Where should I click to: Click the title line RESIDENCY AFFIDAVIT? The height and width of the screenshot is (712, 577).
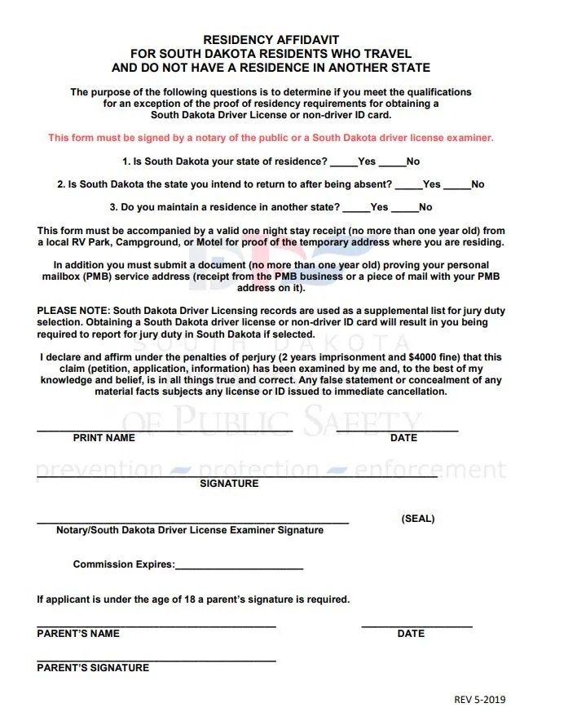(x=271, y=39)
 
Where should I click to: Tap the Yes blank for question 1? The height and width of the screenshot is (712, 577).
(x=343, y=162)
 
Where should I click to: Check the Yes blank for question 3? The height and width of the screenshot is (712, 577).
(x=356, y=208)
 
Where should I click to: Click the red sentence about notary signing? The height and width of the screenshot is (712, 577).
(x=271, y=138)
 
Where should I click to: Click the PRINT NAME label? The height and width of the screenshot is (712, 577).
(x=104, y=438)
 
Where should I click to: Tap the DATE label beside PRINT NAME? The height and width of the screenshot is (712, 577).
(x=403, y=438)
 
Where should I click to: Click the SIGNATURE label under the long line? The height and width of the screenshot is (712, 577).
(x=229, y=484)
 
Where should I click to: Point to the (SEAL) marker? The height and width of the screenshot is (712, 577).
(x=417, y=519)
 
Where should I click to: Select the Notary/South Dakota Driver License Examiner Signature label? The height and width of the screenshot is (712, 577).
(x=190, y=530)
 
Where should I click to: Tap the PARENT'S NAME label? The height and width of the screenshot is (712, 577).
(x=78, y=634)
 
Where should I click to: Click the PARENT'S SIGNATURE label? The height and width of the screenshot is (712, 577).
(x=93, y=668)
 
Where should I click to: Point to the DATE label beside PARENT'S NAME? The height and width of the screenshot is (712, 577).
(x=411, y=634)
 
